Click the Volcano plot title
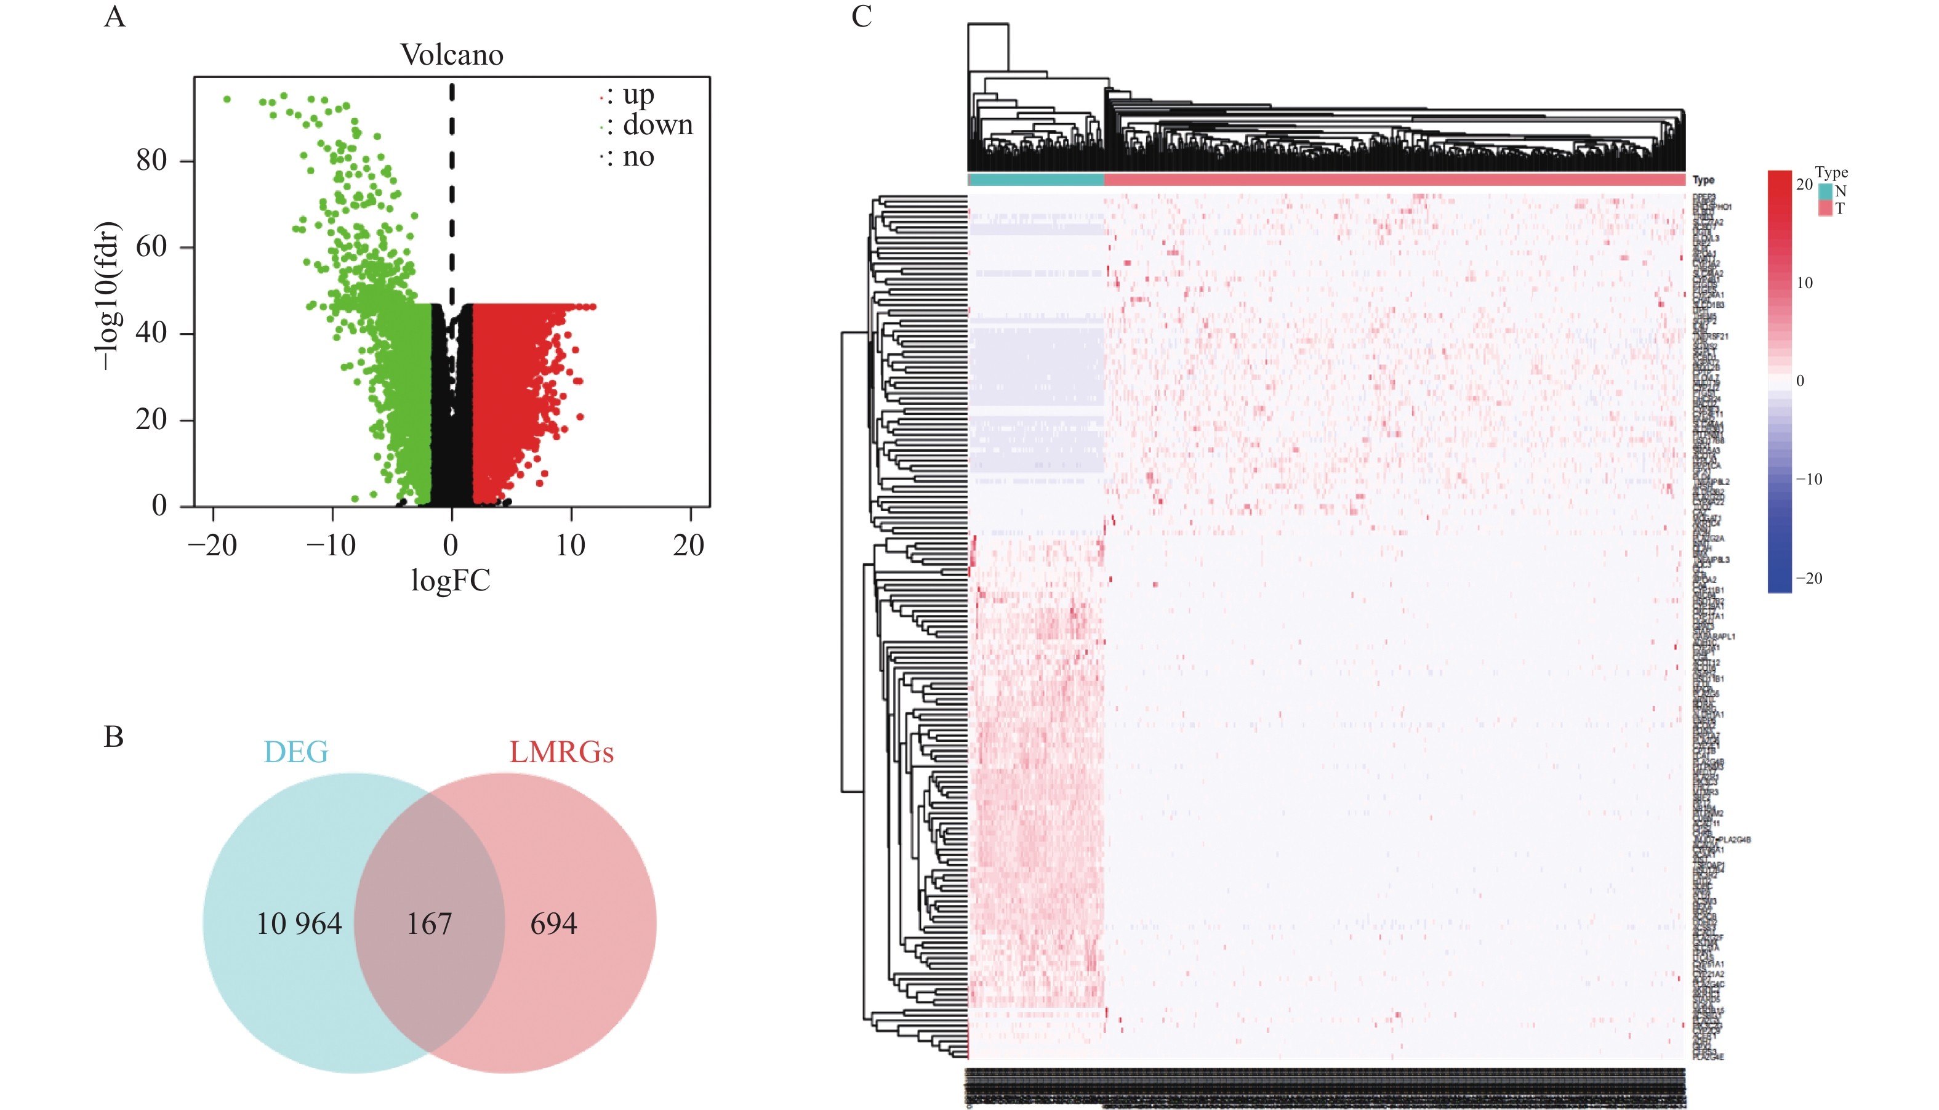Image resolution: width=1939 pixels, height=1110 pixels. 452,55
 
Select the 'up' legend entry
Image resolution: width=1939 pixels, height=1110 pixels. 638,95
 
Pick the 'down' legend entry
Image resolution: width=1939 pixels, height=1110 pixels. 657,125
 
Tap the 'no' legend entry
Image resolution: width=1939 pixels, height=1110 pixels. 638,157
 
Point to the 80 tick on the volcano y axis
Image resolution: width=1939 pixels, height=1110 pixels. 151,160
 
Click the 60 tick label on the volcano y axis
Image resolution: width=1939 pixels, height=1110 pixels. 151,246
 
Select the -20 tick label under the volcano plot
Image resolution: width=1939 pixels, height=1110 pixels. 212,545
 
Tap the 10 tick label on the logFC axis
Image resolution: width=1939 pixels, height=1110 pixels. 570,545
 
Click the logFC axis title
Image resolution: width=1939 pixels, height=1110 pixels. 451,581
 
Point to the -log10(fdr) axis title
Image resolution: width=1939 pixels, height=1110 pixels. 106,296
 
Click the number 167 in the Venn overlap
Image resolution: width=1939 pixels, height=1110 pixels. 429,924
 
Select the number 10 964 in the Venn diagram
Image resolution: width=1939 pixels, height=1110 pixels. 299,924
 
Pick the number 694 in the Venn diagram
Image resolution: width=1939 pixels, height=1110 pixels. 553,924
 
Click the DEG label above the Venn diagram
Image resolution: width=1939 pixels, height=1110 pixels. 295,752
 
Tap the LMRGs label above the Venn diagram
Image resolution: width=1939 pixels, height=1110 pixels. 561,752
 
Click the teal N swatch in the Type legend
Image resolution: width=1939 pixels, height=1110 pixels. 1825,191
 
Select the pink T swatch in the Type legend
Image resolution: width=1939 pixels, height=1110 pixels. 1825,208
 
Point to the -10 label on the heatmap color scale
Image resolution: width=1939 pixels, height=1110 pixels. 1809,480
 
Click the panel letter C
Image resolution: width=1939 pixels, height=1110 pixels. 861,17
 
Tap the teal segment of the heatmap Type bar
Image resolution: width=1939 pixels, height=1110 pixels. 1035,180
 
